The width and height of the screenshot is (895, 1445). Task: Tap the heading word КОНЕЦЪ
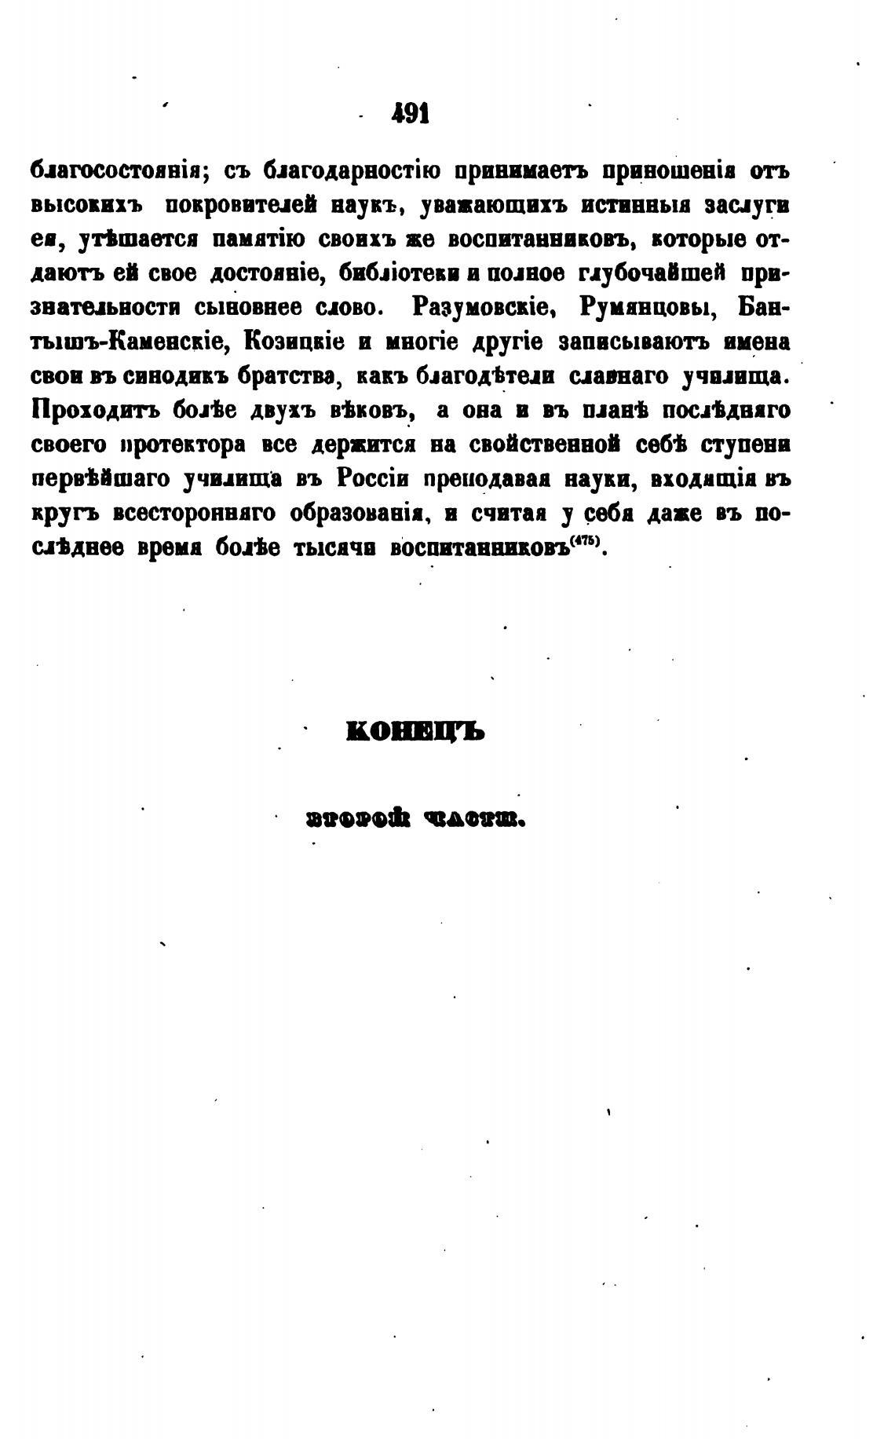pos(415,733)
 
